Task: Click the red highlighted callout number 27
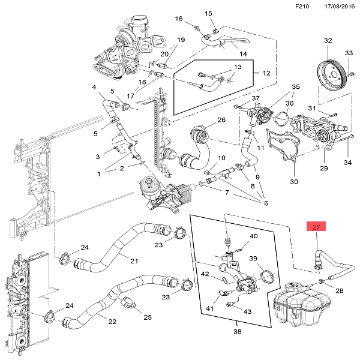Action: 316,227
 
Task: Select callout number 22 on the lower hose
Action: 112,321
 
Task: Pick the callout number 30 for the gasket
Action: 294,182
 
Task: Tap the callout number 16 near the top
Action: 178,19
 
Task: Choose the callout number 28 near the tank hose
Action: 340,291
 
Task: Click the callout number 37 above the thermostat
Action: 255,98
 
